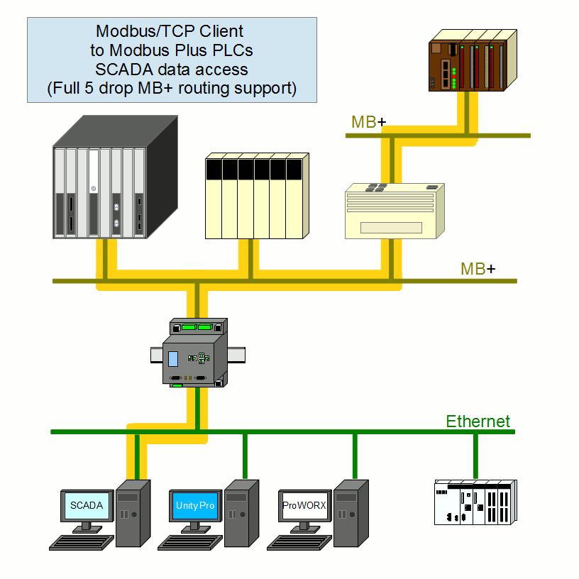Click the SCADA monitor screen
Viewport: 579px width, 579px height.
pyautogui.click(x=87, y=506)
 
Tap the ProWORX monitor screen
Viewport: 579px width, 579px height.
pyautogui.click(x=304, y=506)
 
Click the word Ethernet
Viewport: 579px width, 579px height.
pyautogui.click(x=478, y=421)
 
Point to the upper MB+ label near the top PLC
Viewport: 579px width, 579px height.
pyautogui.click(x=368, y=122)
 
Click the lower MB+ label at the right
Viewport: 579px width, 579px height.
pyautogui.click(x=478, y=269)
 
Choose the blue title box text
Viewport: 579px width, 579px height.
pyautogui.click(x=171, y=60)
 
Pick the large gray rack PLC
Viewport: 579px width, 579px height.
pyautogui.click(x=114, y=181)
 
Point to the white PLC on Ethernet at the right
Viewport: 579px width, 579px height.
pyautogui.click(x=474, y=501)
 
